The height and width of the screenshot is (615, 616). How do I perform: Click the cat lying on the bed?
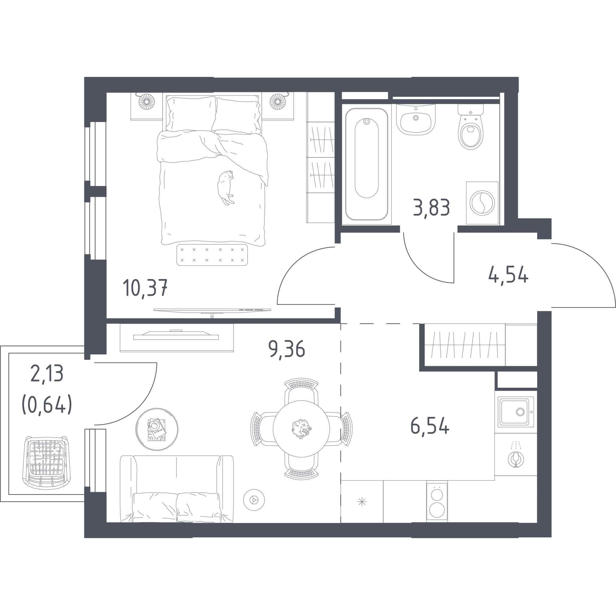pyautogui.click(x=226, y=188)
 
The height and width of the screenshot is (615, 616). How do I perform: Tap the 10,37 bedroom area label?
pyautogui.click(x=145, y=287)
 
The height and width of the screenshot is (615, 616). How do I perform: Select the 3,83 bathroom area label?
pyautogui.click(x=431, y=207)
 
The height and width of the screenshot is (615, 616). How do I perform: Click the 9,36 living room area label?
pyautogui.click(x=287, y=350)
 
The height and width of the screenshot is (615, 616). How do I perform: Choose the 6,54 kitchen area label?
pyautogui.click(x=430, y=426)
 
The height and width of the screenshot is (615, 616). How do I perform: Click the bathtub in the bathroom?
pyautogui.click(x=367, y=164)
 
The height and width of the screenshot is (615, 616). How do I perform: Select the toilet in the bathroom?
pyautogui.click(x=471, y=127)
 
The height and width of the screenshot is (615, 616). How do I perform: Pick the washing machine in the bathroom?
pyautogui.click(x=482, y=203)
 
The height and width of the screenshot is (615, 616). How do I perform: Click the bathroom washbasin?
pyautogui.click(x=416, y=120)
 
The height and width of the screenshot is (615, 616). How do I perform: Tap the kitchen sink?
pyautogui.click(x=516, y=412)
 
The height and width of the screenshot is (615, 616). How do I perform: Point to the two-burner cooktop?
pyautogui.click(x=437, y=502)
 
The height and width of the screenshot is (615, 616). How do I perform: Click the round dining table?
pyautogui.click(x=301, y=429)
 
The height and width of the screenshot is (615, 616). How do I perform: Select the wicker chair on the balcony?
pyautogui.click(x=47, y=463)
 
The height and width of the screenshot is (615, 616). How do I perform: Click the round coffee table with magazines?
pyautogui.click(x=157, y=429)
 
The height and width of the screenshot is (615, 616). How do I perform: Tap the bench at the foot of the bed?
pyautogui.click(x=212, y=255)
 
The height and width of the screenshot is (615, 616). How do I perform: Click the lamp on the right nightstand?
pyautogui.click(x=278, y=102)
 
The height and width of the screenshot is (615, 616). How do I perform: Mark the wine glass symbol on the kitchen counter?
pyautogui.click(x=516, y=459)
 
